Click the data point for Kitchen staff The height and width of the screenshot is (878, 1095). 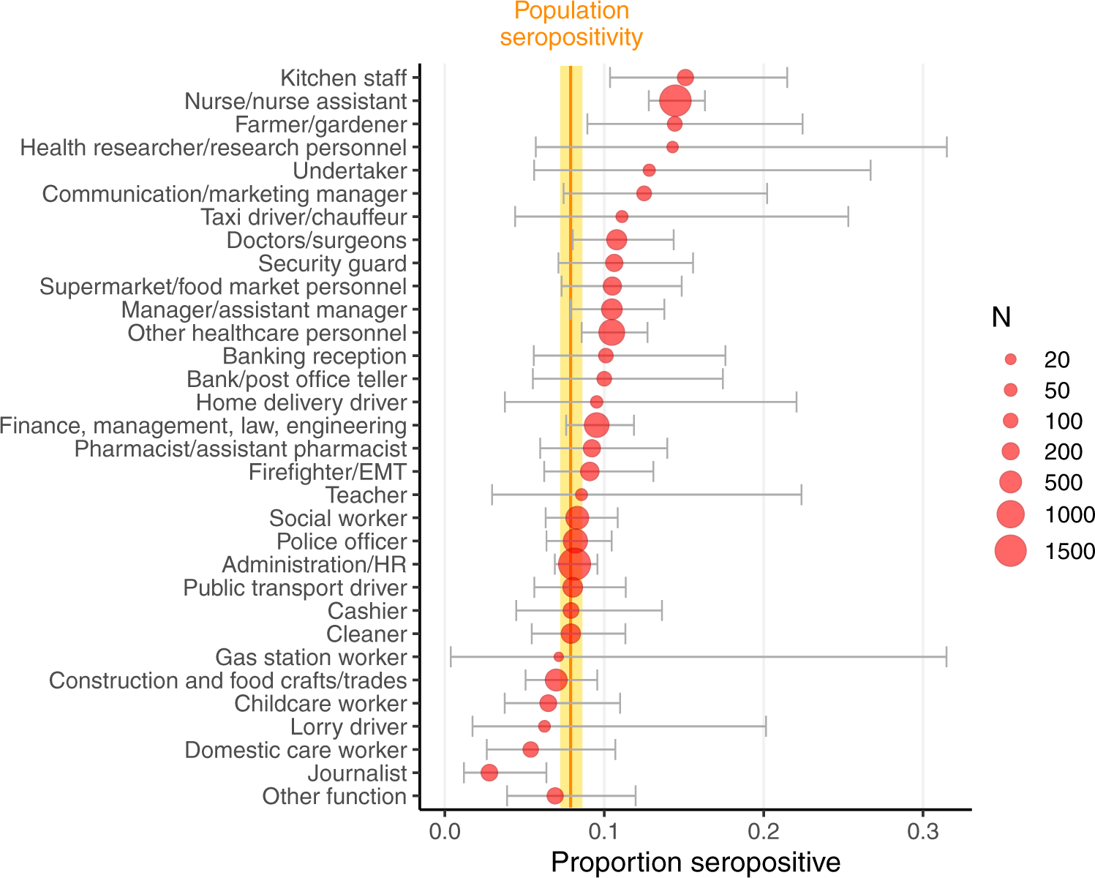coord(685,78)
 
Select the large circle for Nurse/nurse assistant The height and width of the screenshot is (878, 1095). coord(674,101)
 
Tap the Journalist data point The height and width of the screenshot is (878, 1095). coord(489,773)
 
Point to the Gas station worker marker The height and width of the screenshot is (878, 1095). coord(559,657)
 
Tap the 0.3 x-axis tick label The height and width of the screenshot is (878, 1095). coord(923,832)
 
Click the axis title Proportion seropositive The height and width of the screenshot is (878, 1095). coord(695,862)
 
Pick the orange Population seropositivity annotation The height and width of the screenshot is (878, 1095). coord(571,24)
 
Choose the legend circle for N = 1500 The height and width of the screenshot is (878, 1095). coord(1011,550)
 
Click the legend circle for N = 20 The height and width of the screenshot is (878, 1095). coord(1011,359)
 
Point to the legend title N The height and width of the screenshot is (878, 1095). coord(1001,318)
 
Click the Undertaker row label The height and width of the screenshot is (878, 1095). coord(350,171)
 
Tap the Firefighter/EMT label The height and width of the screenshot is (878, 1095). coord(327,473)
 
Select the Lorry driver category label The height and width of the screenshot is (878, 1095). coord(348,727)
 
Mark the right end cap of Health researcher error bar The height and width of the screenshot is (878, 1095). coord(947,147)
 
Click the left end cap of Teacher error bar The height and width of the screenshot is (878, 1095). coord(492,495)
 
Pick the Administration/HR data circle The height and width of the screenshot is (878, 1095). coord(573,564)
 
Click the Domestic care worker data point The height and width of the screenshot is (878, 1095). coord(530,750)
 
